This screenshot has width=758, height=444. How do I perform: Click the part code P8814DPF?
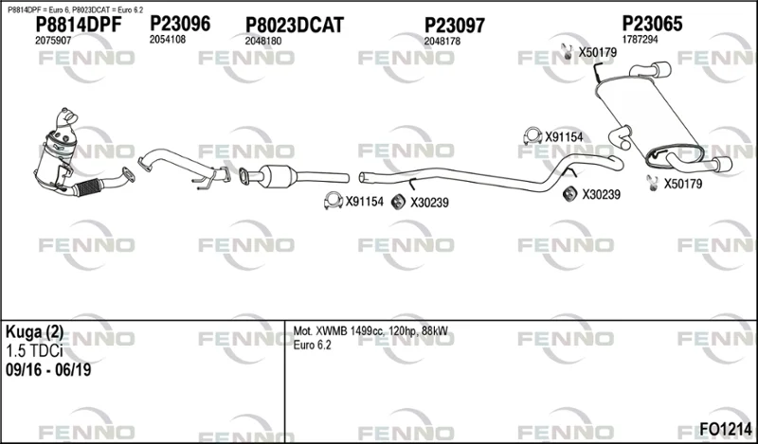(79, 25)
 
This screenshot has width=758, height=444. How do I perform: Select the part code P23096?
(180, 23)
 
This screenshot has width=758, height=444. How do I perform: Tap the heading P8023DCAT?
(295, 25)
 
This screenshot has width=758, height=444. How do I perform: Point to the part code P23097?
(455, 26)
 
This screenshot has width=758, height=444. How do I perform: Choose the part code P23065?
(652, 23)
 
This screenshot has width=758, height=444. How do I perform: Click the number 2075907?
(53, 41)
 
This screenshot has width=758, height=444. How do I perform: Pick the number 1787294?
(640, 40)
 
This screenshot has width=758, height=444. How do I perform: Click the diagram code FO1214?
(726, 429)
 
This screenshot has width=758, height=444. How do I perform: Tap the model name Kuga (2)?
(34, 332)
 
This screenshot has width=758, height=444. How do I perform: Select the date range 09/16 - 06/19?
(48, 370)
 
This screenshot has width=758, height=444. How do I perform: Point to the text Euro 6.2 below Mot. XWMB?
(313, 346)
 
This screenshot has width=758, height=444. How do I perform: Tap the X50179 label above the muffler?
(598, 52)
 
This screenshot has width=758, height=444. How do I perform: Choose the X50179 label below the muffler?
(682, 184)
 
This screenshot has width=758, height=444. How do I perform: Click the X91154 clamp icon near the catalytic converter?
(334, 201)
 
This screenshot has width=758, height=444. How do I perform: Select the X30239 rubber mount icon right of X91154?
(398, 202)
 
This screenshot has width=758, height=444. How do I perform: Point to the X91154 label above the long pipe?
(564, 137)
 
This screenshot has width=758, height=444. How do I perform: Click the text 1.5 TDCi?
(34, 351)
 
